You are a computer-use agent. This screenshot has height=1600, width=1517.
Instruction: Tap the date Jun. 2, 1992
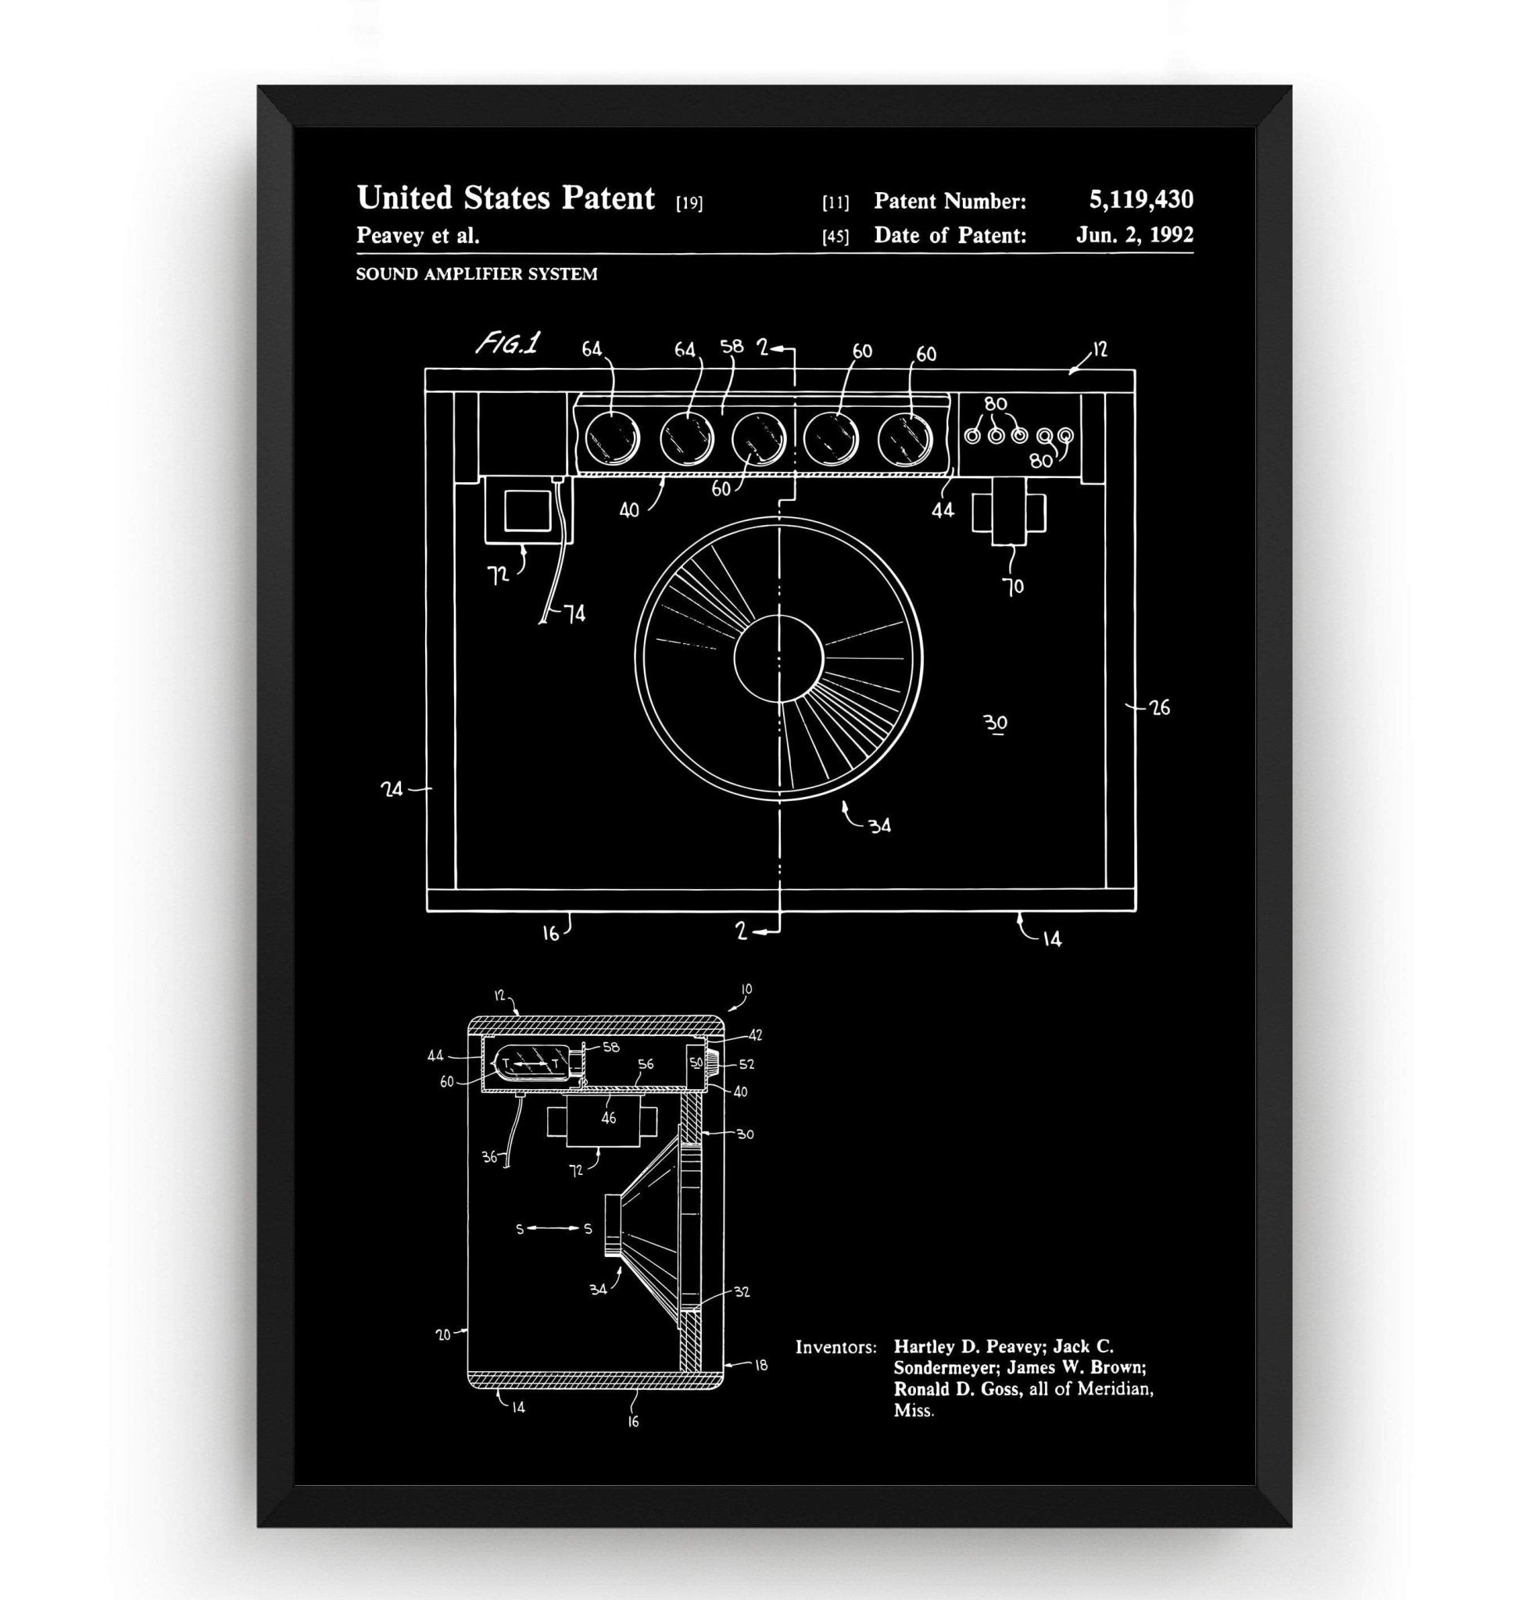[x=1134, y=234]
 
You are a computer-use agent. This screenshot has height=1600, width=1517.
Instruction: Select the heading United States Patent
[x=506, y=198]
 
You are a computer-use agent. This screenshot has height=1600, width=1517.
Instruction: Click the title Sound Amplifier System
[x=476, y=274]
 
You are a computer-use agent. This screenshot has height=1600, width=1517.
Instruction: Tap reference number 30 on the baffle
[x=997, y=722]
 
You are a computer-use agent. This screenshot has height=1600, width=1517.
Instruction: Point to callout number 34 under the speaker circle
[x=879, y=826]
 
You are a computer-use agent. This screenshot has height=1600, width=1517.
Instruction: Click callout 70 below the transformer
[x=1013, y=586]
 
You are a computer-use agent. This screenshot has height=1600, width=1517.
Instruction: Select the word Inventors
[x=835, y=1347]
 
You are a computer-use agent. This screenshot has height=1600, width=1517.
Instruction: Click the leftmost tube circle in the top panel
[x=612, y=439]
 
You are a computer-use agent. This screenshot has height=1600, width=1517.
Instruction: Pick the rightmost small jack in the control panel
[x=1066, y=436]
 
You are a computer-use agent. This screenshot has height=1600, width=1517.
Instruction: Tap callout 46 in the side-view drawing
[x=608, y=1117]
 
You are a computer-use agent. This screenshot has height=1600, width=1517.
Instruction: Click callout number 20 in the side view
[x=443, y=1334]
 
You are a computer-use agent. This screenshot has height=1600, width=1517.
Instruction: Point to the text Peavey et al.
[x=418, y=236]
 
